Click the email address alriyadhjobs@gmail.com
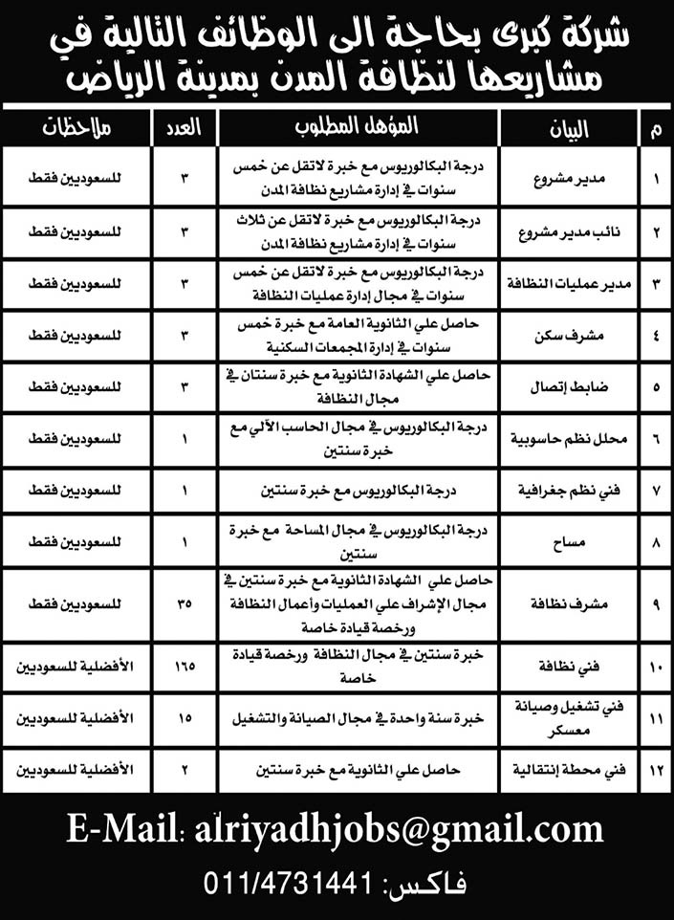tap(398, 827)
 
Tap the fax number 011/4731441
tap(287, 883)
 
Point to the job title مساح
tap(578, 543)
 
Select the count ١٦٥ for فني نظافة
tap(185, 660)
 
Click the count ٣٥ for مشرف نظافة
tap(185, 604)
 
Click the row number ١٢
tap(655, 768)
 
